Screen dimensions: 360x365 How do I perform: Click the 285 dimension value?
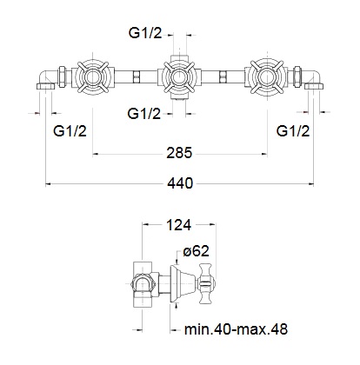(x=179, y=153)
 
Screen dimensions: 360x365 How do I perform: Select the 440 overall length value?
(x=180, y=183)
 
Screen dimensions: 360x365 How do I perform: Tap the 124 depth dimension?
(x=178, y=225)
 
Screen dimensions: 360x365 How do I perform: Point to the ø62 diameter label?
(x=196, y=251)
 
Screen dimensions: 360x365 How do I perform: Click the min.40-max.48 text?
(x=236, y=329)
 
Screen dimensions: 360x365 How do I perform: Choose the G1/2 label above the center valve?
(x=145, y=33)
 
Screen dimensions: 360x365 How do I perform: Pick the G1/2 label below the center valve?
(x=143, y=114)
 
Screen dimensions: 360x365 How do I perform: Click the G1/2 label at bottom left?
(x=70, y=131)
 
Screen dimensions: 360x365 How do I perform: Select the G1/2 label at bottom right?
(x=293, y=131)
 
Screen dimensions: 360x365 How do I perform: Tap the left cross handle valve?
(x=92, y=76)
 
